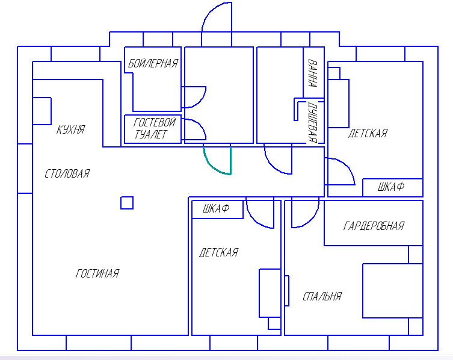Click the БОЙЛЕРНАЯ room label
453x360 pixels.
[153, 63]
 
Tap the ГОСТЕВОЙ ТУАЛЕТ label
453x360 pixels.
[154, 128]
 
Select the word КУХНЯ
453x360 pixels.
[70, 129]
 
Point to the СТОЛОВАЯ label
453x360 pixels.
[67, 173]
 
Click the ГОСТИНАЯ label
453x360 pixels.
[97, 273]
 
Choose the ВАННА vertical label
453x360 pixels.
[313, 73]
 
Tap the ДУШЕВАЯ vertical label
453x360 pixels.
[313, 122]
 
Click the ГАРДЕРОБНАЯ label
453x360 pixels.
[374, 226]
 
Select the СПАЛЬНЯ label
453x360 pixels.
[322, 296]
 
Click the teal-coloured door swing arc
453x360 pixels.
[211, 165]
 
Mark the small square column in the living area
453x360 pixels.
[127, 203]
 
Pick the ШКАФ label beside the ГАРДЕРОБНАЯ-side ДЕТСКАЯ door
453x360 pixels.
[216, 208]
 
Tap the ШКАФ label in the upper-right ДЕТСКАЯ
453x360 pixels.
[391, 187]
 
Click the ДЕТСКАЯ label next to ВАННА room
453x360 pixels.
[368, 133]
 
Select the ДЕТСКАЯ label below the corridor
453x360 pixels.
[219, 252]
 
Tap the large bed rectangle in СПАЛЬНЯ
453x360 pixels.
[393, 291]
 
